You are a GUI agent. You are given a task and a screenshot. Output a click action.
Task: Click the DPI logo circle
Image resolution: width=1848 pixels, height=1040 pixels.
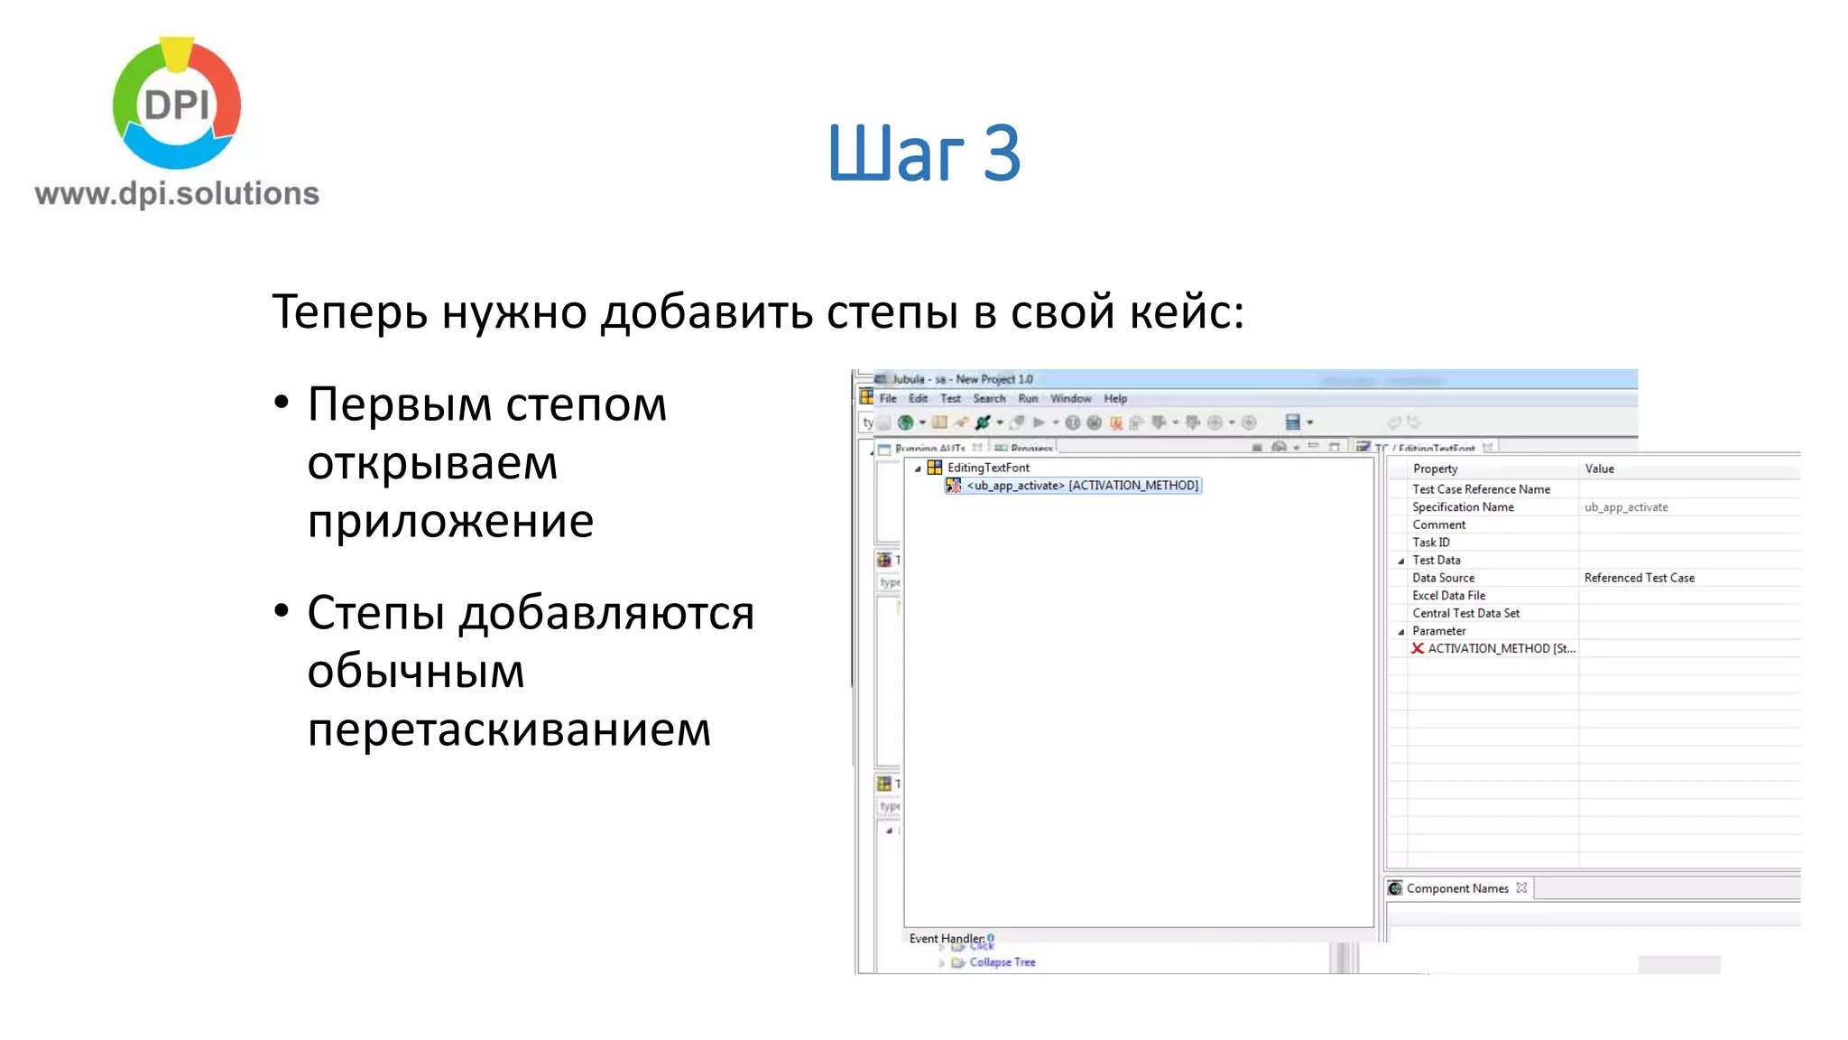coord(177,104)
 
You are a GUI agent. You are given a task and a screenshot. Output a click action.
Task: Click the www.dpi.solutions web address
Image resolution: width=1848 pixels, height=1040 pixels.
coord(177,193)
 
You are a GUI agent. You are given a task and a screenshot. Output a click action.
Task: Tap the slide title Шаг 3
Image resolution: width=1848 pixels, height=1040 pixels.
coord(923,153)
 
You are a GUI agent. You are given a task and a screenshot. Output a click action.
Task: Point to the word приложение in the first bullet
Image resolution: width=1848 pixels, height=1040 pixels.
coord(450,521)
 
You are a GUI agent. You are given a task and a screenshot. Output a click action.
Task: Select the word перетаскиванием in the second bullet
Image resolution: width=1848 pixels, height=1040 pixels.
coord(509,729)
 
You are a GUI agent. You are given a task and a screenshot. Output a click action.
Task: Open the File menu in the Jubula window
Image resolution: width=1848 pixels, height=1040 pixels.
coord(888,398)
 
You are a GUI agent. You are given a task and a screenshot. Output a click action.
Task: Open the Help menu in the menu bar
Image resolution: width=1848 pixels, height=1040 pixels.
coord(1115,398)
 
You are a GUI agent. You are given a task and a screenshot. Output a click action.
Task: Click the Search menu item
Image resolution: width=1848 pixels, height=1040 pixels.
coord(989,398)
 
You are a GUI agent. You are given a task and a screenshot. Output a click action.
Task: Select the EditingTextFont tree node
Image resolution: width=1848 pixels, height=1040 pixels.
coord(988,468)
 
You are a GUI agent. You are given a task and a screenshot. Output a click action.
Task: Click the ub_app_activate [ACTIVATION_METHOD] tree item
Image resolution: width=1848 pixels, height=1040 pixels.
coord(1082,486)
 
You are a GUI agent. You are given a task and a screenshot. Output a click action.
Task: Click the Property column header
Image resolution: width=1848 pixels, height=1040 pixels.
coord(1435,469)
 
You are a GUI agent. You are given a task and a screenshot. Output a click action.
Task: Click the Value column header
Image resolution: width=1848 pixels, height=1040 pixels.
coord(1599,469)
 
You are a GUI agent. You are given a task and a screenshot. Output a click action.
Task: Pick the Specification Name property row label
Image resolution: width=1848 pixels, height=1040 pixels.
coord(1463,507)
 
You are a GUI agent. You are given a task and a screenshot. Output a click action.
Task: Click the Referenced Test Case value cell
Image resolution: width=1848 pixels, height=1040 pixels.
coord(1639,578)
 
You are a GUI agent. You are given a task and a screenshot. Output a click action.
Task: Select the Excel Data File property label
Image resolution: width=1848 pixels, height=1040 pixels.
coord(1448,596)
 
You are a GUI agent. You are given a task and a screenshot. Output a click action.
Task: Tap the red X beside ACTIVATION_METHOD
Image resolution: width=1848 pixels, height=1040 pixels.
coord(1418,648)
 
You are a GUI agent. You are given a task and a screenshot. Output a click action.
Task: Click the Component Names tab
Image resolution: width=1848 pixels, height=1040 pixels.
coord(1456,888)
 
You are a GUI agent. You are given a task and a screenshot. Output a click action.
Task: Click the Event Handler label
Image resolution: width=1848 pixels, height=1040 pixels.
coord(946,938)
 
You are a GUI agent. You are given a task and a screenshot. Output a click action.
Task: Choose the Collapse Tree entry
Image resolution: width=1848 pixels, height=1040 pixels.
coord(1002,962)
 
